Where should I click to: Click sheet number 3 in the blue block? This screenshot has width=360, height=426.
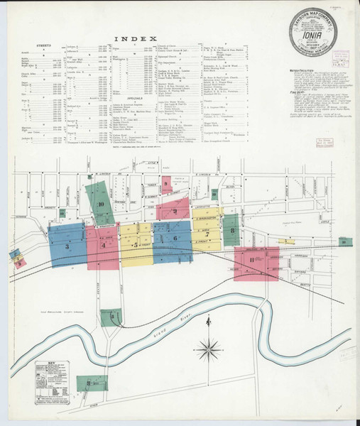point(67,246)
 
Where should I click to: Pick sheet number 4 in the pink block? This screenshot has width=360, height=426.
point(104,246)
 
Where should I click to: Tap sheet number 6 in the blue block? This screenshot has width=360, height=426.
point(173,239)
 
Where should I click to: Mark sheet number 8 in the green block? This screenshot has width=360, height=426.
point(231,228)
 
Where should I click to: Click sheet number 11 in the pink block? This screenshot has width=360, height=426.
point(253,261)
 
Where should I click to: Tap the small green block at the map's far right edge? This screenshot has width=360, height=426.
point(345,242)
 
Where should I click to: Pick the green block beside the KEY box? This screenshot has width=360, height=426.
point(91,383)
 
